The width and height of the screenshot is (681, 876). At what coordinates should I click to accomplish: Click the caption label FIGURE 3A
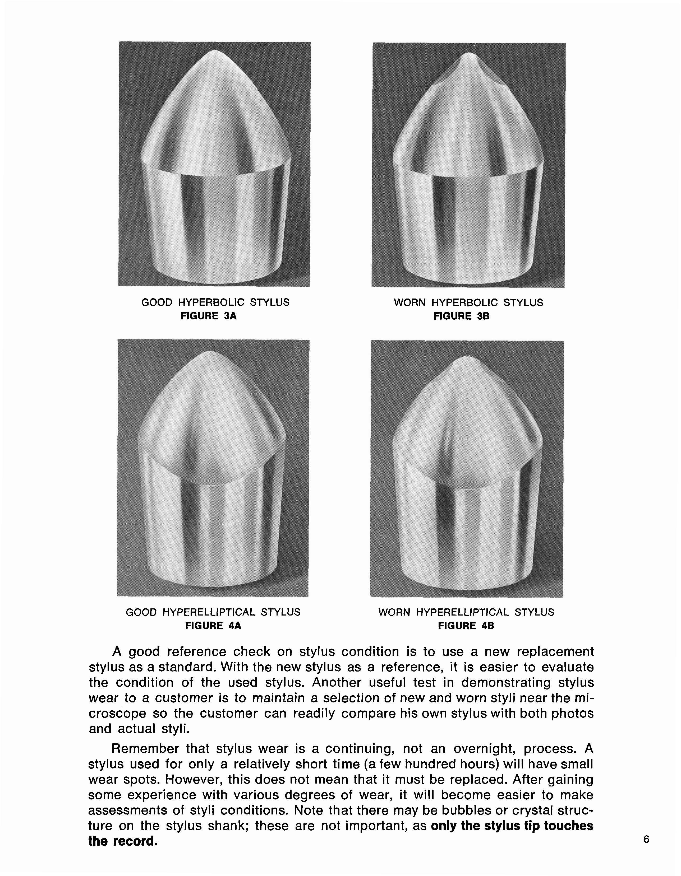tap(208, 316)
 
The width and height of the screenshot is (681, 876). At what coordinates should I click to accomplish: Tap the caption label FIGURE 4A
tap(213, 626)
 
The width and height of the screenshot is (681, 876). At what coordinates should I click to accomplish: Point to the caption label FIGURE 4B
tap(466, 626)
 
